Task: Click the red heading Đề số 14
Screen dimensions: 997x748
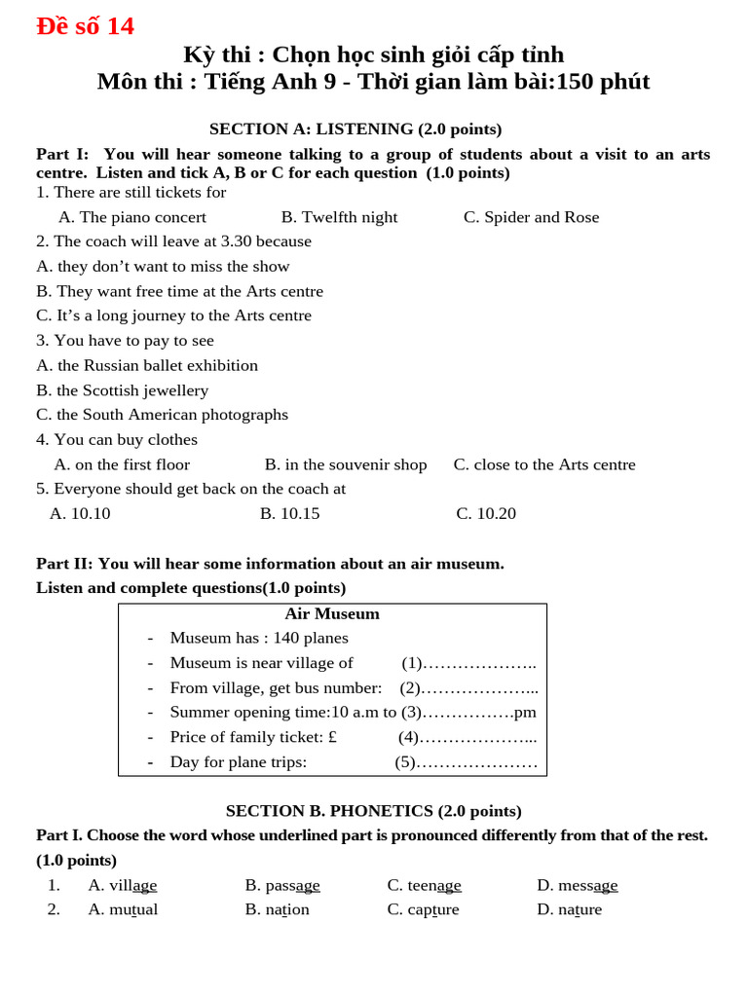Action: pyautogui.click(x=85, y=26)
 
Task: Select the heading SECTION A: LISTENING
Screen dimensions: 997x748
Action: pyautogui.click(x=355, y=129)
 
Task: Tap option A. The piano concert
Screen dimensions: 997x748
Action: pyautogui.click(x=132, y=217)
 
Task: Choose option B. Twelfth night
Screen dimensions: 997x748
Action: pyautogui.click(x=339, y=217)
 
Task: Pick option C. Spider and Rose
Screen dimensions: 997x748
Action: pyautogui.click(x=531, y=217)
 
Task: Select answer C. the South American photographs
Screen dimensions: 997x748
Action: pyautogui.click(x=162, y=415)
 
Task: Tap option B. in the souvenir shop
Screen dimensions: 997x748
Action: pyautogui.click(x=346, y=464)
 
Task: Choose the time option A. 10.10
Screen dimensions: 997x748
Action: pyautogui.click(x=80, y=513)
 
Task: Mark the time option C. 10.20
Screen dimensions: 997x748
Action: pyautogui.click(x=486, y=513)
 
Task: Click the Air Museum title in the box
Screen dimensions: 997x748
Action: pyautogui.click(x=332, y=613)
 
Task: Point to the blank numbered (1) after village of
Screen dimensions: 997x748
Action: pyautogui.click(x=469, y=663)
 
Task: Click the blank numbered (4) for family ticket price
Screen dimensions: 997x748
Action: pyautogui.click(x=467, y=737)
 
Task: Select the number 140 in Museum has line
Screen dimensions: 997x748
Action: pyautogui.click(x=287, y=638)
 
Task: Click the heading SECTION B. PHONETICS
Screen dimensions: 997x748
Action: pyautogui.click(x=373, y=810)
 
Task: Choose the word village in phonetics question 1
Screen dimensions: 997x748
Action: pyautogui.click(x=123, y=885)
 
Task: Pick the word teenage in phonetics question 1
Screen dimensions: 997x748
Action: pyautogui.click(x=425, y=885)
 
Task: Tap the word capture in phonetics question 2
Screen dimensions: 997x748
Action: pyautogui.click(x=423, y=909)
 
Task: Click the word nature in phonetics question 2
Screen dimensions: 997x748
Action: pyautogui.click(x=570, y=909)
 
